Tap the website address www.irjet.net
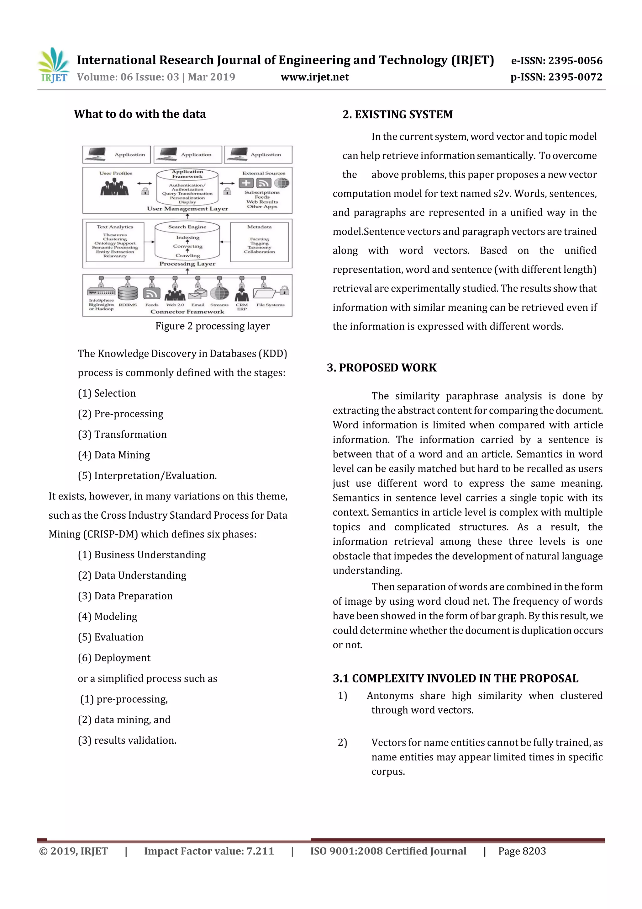[314, 77]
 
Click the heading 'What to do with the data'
[139, 114]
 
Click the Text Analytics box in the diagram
[115, 242]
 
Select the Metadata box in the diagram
[259, 242]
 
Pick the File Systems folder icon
[264, 293]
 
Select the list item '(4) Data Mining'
[114, 455]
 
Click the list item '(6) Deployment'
[114, 658]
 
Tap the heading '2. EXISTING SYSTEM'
[397, 115]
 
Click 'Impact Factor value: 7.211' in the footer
[209, 851]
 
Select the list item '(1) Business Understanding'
[142, 555]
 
